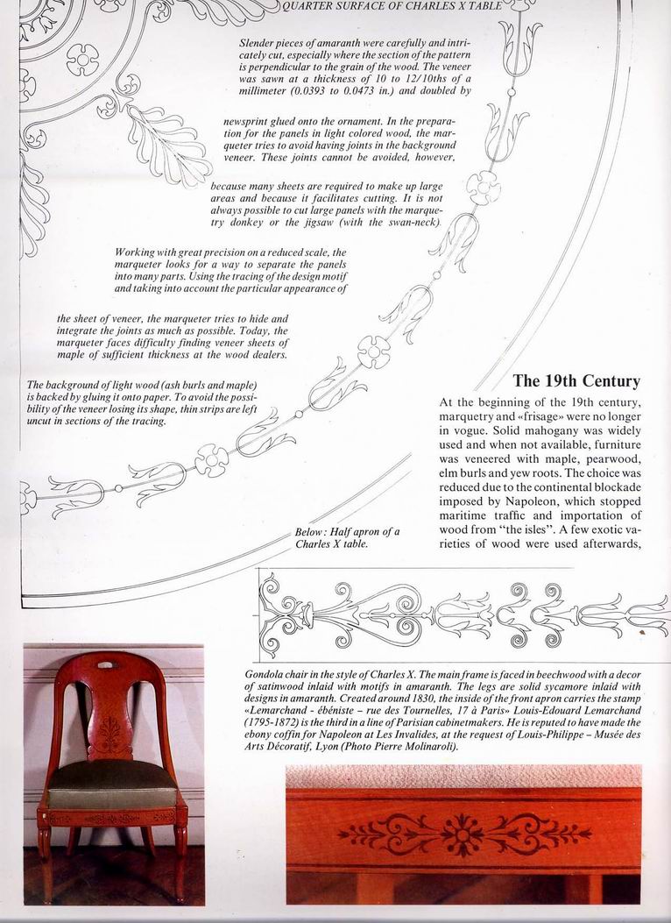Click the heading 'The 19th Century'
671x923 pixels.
576,381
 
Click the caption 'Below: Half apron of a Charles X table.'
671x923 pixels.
347,538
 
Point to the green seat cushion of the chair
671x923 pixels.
111,782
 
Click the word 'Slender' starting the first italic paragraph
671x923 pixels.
260,41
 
